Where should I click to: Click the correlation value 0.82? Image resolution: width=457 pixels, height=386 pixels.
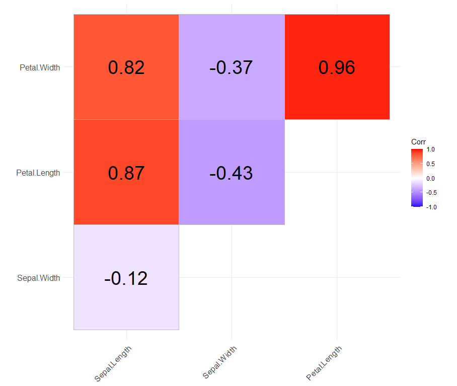pos(126,67)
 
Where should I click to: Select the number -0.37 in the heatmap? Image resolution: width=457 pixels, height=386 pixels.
pos(231,67)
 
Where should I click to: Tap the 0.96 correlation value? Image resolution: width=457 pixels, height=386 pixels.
pos(337,67)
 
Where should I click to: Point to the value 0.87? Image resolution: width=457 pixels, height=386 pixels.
pos(126,173)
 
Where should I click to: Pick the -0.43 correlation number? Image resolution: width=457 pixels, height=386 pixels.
pos(231,173)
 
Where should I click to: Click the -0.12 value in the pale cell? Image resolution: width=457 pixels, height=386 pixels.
pos(126,278)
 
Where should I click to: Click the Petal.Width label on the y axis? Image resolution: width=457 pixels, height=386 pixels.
pos(40,67)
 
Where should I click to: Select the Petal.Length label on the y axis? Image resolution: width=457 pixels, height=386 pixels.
pos(38,173)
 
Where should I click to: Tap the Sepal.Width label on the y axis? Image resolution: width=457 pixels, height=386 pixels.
pos(38,278)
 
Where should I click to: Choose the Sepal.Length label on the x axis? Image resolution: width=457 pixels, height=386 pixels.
pos(113,363)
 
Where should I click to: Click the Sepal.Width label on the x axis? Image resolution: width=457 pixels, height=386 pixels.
pos(219,362)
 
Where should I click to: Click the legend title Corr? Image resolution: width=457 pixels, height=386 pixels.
pos(418,142)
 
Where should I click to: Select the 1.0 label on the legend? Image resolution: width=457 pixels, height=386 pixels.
pos(430,149)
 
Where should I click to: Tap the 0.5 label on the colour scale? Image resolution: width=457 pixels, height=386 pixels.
pos(430,164)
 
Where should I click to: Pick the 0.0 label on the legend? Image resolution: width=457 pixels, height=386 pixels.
pos(430,178)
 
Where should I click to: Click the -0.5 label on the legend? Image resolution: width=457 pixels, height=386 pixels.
pos(431,192)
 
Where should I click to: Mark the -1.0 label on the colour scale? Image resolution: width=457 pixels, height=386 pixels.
pos(431,206)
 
